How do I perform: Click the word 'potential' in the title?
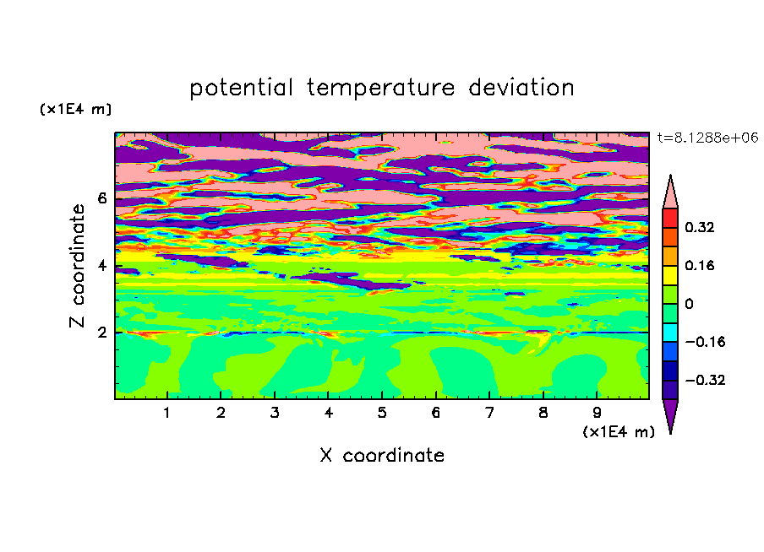(x=241, y=89)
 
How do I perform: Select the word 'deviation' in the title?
(x=521, y=87)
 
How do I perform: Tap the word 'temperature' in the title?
(x=380, y=88)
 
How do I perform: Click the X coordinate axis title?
(x=382, y=455)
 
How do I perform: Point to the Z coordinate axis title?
(x=78, y=266)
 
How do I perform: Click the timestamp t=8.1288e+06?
(x=707, y=138)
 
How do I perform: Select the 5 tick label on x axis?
(x=382, y=413)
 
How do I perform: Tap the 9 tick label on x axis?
(x=597, y=413)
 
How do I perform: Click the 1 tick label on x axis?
(x=167, y=413)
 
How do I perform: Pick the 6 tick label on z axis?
(x=101, y=198)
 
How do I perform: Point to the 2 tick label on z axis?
(x=101, y=333)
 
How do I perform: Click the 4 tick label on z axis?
(x=101, y=266)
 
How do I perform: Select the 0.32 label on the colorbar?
(x=700, y=227)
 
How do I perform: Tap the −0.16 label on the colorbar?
(x=705, y=342)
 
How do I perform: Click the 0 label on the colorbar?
(x=689, y=304)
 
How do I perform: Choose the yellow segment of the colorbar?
(x=670, y=275)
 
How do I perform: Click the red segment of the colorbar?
(x=670, y=218)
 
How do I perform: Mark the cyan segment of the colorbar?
(x=670, y=332)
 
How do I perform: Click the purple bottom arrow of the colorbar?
(x=670, y=413)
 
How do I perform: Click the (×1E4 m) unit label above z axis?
(x=75, y=109)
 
